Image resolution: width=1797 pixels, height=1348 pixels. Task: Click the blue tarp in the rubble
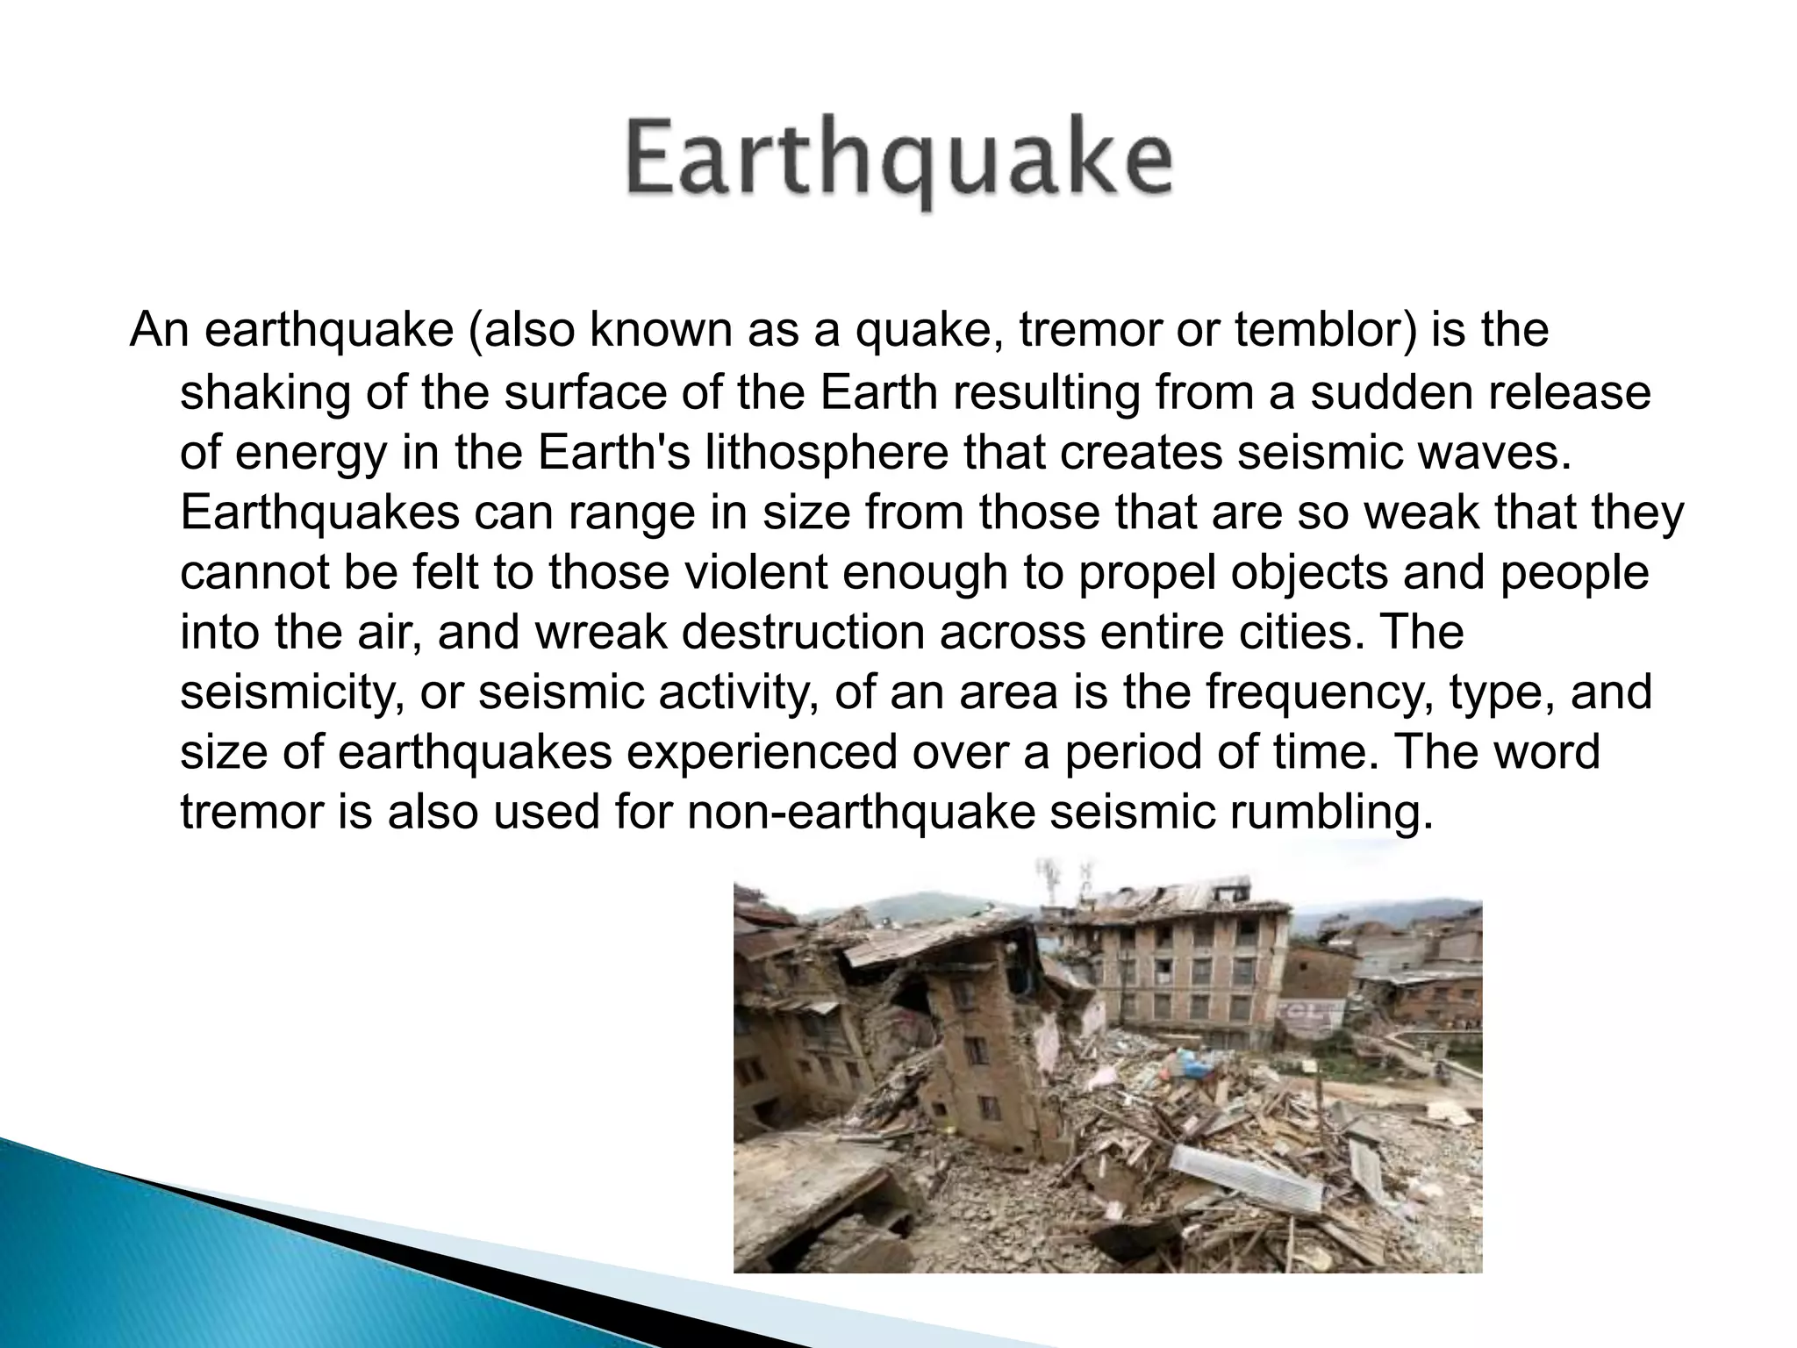[1198, 1065]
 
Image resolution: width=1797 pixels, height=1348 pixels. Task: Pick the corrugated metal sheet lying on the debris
[1246, 1176]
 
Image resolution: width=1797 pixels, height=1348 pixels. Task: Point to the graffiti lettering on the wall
[1314, 1011]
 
